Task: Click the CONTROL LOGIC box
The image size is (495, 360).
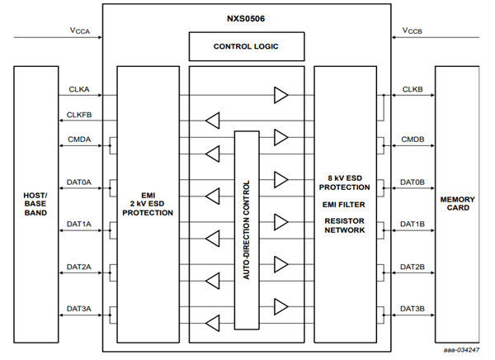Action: click(246, 46)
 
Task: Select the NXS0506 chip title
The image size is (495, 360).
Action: click(246, 15)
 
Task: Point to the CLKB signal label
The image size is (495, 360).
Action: click(412, 88)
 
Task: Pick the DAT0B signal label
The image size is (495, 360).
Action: click(412, 182)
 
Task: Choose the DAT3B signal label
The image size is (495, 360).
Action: click(412, 309)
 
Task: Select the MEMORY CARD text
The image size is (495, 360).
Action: click(456, 202)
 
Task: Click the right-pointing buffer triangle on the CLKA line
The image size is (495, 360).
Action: click(281, 95)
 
